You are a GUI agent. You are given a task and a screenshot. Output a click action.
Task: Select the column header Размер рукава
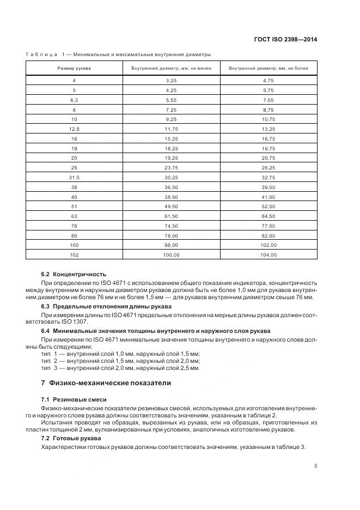click(x=75, y=68)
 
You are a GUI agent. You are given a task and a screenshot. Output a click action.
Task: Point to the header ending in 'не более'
click(x=269, y=68)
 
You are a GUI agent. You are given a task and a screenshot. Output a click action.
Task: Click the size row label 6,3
click(x=75, y=100)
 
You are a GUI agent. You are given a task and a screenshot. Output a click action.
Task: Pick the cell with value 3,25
click(x=172, y=80)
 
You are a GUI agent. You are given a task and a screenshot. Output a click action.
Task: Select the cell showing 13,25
click(x=269, y=129)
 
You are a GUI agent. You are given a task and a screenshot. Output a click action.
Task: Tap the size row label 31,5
click(x=75, y=177)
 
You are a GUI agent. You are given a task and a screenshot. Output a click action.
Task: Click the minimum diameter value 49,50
click(x=172, y=206)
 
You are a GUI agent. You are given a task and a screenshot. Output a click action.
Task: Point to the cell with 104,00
click(x=269, y=254)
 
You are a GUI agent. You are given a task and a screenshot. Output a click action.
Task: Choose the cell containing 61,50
click(x=172, y=216)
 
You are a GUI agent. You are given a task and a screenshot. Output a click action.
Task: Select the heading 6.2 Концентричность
click(x=74, y=274)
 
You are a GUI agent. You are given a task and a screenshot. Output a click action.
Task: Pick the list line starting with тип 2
click(x=120, y=361)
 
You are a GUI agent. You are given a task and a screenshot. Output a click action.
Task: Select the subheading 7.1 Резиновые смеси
click(x=74, y=399)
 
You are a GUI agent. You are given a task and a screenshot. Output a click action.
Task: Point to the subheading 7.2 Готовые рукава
click(x=71, y=439)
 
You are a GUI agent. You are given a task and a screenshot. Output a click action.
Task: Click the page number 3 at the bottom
click(x=316, y=466)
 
